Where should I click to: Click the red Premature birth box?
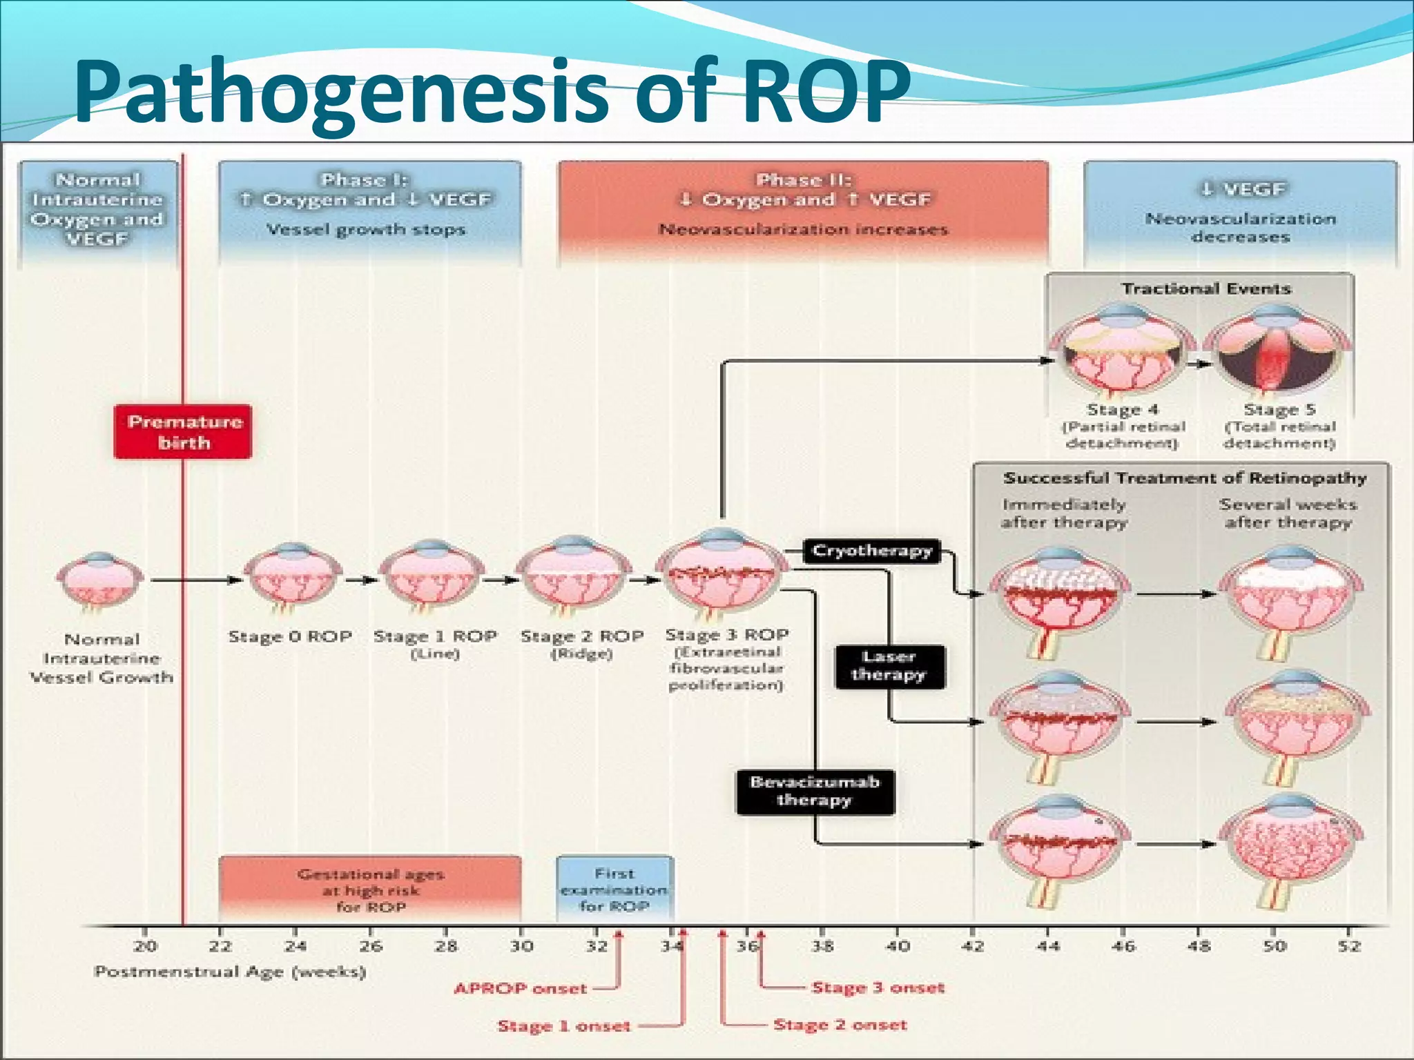tap(183, 432)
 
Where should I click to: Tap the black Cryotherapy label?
tap(872, 551)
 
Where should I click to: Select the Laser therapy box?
tap(889, 666)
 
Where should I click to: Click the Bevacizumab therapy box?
tap(815, 792)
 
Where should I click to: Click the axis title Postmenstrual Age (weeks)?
tap(230, 972)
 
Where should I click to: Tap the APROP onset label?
tap(521, 988)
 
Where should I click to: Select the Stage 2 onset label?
tap(840, 1025)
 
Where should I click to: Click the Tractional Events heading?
tap(1205, 288)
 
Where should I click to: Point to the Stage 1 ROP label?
tap(435, 636)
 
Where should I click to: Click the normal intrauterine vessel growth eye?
tap(101, 580)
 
